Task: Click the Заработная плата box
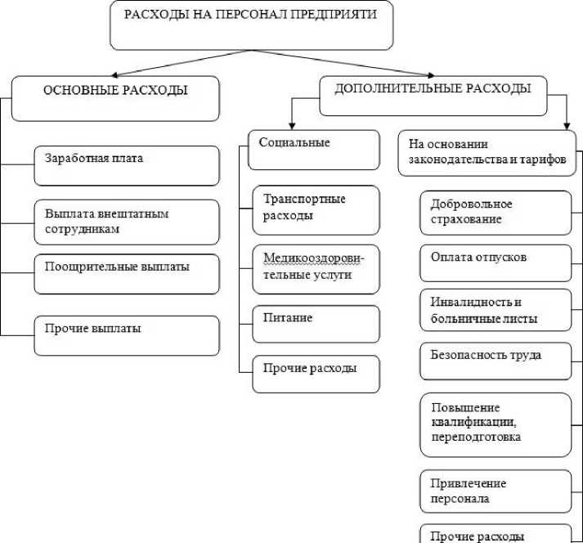127,165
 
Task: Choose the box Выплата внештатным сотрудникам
127,222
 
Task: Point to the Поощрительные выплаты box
127,273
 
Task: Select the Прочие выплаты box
127,335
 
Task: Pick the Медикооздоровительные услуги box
316,268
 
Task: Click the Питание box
316,324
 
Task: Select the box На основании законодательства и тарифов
487,152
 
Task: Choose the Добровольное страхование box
496,213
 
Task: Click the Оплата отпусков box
496,262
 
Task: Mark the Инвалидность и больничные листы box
496,310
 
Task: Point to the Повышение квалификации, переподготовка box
496,424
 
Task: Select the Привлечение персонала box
496,491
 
